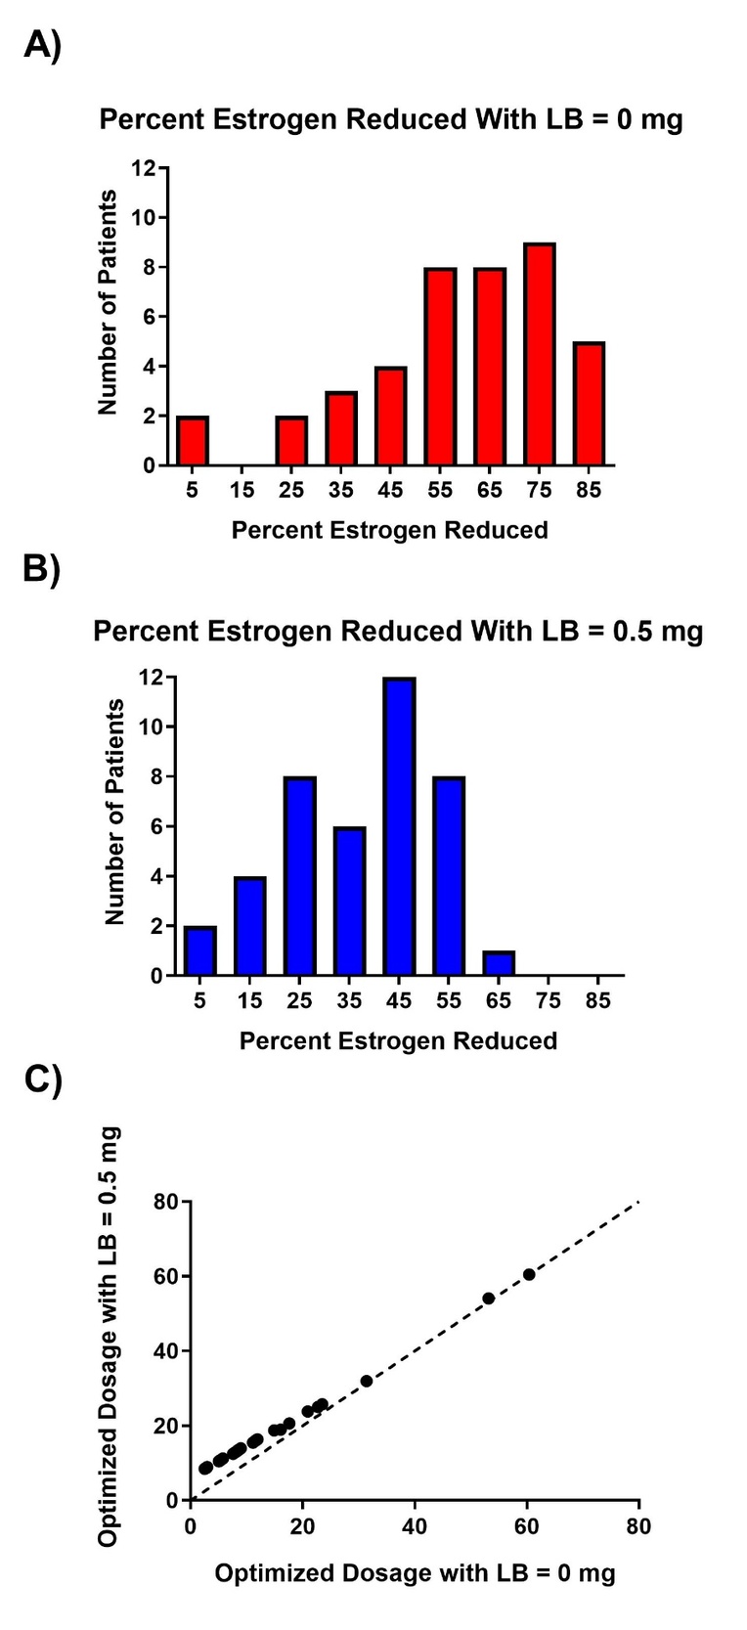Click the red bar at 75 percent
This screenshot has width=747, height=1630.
point(539,354)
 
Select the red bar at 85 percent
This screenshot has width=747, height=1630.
point(589,403)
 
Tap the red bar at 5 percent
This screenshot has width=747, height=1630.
point(193,440)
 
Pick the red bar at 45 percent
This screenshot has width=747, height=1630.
point(390,416)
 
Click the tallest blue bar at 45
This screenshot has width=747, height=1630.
point(399,826)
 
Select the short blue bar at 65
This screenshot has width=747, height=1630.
point(498,963)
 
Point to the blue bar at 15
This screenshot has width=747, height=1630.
point(249,926)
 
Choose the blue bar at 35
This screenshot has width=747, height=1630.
point(349,901)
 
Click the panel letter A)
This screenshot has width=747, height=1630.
point(42,45)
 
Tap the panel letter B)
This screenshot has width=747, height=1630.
point(42,569)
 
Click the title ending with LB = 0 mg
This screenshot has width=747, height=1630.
point(391,119)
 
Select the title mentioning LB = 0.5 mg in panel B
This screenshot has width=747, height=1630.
point(398,631)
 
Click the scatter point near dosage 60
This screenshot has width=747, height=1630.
point(529,1274)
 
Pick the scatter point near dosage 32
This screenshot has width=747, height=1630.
point(367,1381)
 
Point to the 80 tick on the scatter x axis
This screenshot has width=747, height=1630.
point(638,1526)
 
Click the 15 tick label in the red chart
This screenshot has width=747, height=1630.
point(242,489)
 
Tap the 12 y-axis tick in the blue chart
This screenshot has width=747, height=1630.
point(152,677)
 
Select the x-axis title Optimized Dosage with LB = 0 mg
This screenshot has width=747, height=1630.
point(415,1572)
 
